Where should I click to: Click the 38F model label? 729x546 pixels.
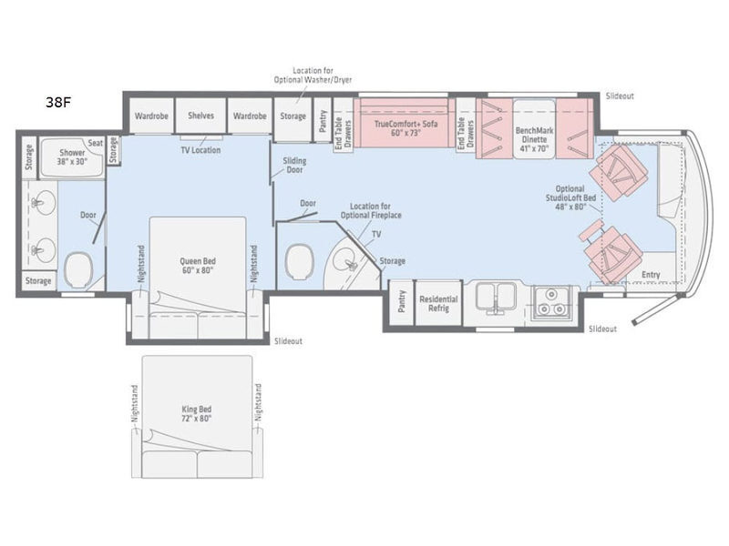[x=58, y=102]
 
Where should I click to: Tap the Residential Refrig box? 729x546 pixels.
[x=438, y=303]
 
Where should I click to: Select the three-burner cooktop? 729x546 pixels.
[x=551, y=303]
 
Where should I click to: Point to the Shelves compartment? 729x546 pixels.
[x=200, y=116]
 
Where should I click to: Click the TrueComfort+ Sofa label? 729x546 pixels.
[x=406, y=128]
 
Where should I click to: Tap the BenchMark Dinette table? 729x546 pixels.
[x=534, y=128]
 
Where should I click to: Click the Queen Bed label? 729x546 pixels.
[x=198, y=266]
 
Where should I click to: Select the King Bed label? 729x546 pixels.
[x=197, y=414]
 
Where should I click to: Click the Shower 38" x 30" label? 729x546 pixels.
[x=72, y=157]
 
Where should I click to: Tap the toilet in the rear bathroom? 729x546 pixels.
[x=78, y=270]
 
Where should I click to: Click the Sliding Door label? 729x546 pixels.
[x=294, y=166]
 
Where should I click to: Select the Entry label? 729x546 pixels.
[x=651, y=275]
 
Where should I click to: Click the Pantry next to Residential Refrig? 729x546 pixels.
[x=401, y=301]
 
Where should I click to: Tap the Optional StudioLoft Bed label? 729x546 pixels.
[x=570, y=197]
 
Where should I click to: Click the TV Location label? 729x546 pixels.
[x=200, y=150]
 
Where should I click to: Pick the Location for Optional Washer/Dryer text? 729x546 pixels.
[x=313, y=76]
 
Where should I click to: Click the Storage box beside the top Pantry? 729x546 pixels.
[x=293, y=116]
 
